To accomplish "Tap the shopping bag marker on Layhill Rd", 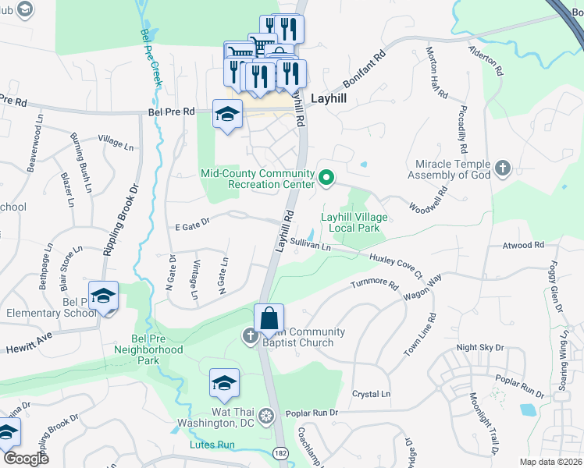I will [269, 319].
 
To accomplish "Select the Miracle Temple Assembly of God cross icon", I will [503, 168].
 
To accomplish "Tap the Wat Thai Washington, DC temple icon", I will [266, 414].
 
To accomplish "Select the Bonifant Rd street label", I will [363, 71].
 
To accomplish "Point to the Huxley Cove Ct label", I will [395, 266].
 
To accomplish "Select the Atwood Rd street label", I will [522, 246].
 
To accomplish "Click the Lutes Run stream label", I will [212, 445].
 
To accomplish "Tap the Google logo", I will [26, 459].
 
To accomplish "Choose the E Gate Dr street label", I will [191, 223].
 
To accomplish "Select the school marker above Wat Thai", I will [224, 383].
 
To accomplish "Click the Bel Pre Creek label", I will [151, 58].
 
